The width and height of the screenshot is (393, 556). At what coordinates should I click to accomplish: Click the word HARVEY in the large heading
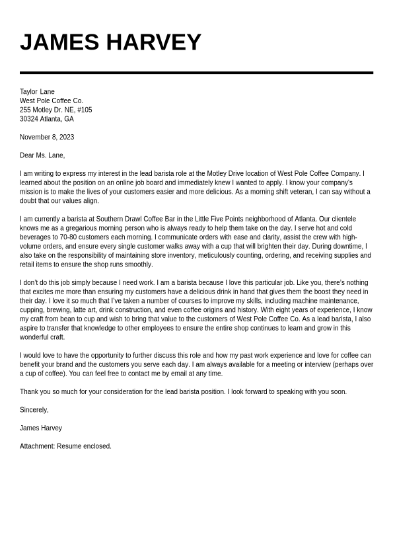click(x=153, y=42)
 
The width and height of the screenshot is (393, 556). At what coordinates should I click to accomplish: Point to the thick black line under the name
click(x=196, y=73)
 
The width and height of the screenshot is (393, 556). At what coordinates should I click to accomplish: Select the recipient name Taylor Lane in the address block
click(x=37, y=92)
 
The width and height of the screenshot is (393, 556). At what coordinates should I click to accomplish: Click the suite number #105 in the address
click(x=85, y=110)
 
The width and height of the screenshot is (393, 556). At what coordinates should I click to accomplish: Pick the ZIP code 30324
click(x=29, y=119)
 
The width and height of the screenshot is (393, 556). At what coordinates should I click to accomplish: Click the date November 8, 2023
click(x=47, y=138)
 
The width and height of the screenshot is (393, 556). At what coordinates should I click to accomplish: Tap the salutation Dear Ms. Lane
click(x=42, y=155)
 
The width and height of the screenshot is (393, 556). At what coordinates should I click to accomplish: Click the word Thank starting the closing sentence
click(x=29, y=391)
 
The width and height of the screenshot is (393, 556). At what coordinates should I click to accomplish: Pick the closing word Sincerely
click(x=34, y=410)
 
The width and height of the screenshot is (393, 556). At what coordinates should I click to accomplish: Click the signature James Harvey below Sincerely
click(x=41, y=428)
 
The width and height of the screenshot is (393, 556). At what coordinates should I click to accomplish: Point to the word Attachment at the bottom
click(x=37, y=446)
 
